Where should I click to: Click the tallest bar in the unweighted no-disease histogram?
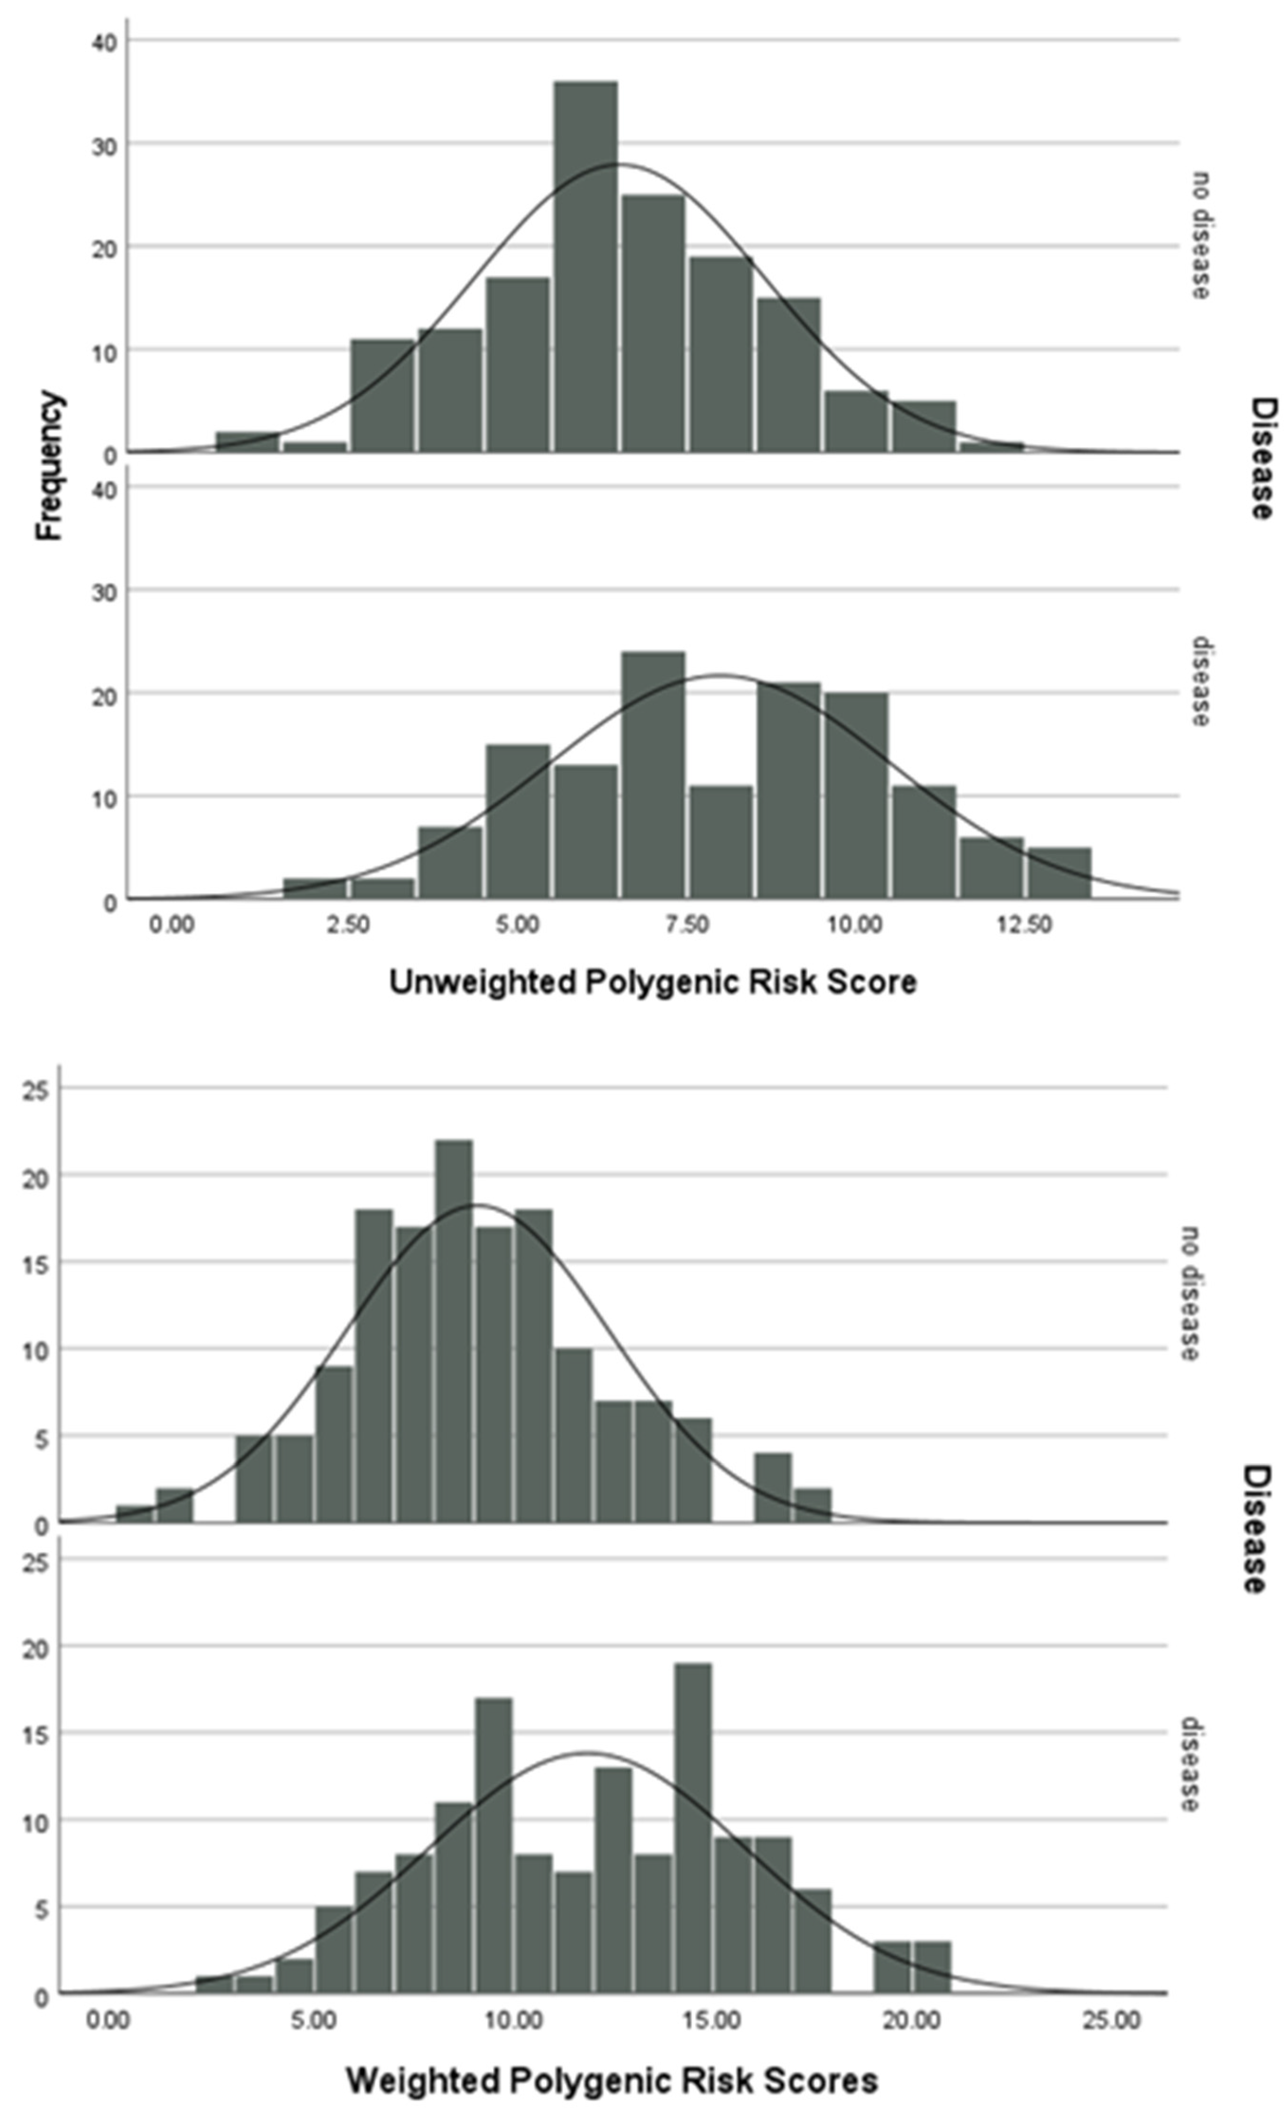(585, 266)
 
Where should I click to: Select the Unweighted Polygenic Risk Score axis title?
(653, 982)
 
